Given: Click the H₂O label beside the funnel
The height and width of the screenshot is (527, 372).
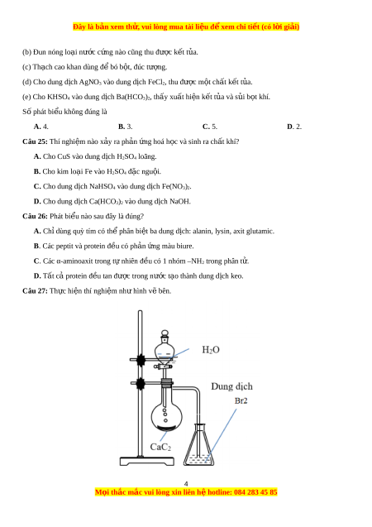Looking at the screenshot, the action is tap(211, 350).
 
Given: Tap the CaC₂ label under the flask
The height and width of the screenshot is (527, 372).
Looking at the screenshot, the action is tap(160, 447).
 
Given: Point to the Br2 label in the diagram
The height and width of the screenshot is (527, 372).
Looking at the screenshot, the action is tap(241, 400).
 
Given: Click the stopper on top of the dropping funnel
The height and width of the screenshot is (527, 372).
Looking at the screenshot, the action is tap(165, 333).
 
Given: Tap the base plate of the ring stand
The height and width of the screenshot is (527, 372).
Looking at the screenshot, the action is tap(147, 461).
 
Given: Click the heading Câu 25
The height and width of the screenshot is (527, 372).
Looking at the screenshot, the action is tap(35, 141).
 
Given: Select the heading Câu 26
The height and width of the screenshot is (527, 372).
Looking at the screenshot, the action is tap(35, 216).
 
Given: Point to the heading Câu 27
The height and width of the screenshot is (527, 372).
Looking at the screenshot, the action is tap(35, 290).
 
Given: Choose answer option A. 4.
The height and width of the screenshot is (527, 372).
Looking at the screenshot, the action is tap(41, 127).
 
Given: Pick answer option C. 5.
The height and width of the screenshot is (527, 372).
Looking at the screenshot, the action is tap(210, 127).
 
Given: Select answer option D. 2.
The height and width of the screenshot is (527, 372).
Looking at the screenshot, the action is tap(294, 127).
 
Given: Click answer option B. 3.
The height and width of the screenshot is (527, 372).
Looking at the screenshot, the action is tap(125, 127).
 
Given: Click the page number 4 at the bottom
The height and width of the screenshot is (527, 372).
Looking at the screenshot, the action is tap(186, 484).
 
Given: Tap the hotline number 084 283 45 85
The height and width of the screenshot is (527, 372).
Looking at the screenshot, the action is tap(255, 492).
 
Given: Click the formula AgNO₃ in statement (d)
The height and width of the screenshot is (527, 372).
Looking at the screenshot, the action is tap(90, 82).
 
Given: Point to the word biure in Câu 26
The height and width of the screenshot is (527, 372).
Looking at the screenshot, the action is tap(184, 246).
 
